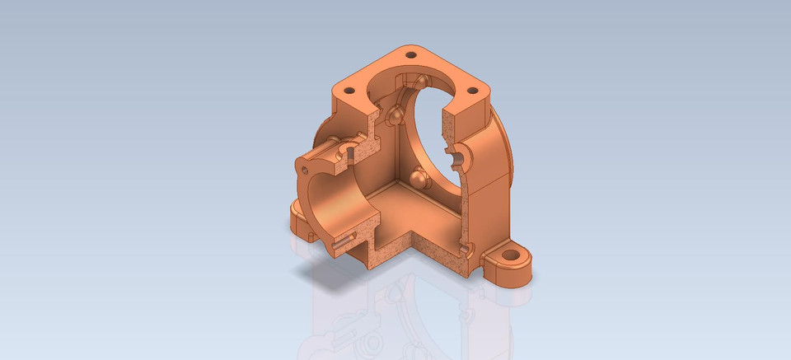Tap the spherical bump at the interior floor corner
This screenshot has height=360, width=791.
tap(419, 178)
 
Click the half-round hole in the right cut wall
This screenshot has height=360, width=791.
tap(456, 154)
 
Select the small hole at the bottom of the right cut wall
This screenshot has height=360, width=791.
tap(466, 247)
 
